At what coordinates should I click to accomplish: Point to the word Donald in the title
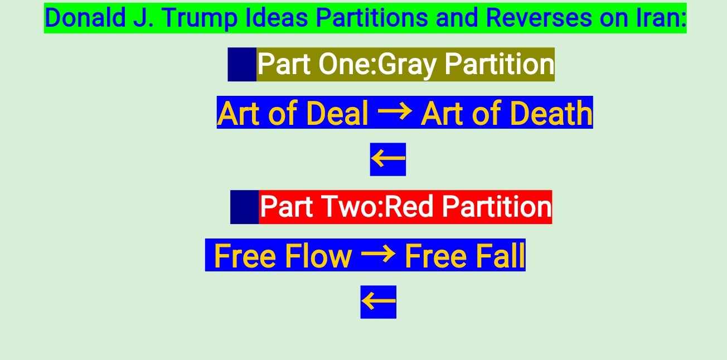tap(85, 18)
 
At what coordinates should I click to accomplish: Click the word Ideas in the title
tap(277, 18)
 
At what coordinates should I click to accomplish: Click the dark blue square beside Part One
tap(242, 64)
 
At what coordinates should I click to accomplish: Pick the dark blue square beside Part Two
tap(245, 207)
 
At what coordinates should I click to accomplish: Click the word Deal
tap(337, 113)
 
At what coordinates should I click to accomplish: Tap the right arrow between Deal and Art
tap(395, 111)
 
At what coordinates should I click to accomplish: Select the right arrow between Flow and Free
tap(379, 254)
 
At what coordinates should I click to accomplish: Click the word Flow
tap(318, 256)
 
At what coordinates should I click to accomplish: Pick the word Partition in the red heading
tap(497, 206)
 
